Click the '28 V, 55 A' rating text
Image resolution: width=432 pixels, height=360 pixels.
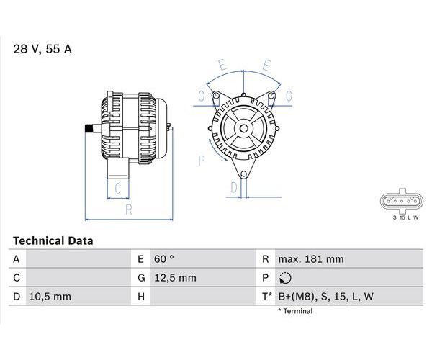[x=42, y=49]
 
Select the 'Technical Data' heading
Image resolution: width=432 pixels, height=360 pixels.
[x=53, y=241]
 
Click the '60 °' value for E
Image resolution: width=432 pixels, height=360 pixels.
[x=164, y=259]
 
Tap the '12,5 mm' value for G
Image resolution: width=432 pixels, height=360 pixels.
[x=175, y=278]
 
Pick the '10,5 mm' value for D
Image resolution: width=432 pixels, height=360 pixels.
[x=50, y=297]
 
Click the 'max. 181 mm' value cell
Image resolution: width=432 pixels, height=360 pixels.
[x=311, y=259]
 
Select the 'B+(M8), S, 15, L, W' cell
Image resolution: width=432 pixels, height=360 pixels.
[x=326, y=297]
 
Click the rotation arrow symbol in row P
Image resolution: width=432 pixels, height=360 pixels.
[x=285, y=278]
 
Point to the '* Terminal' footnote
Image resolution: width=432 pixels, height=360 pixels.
[x=295, y=311]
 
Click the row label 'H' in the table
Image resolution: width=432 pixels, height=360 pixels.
[x=141, y=297]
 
